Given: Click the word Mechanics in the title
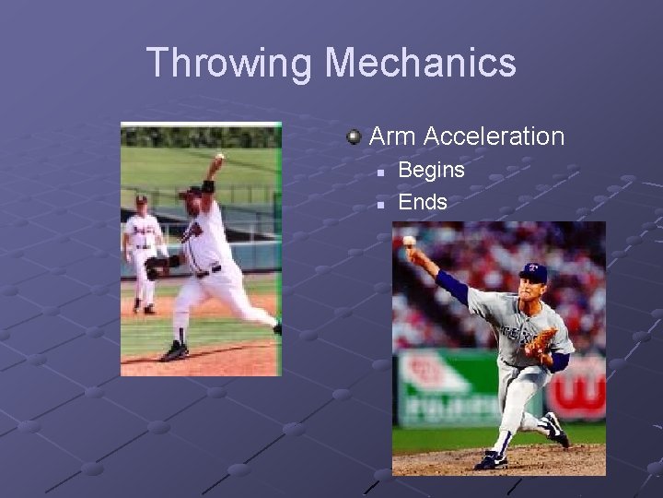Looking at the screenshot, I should click(421, 63).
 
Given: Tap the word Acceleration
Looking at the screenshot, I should click(494, 136).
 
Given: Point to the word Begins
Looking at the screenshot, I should click(431, 171).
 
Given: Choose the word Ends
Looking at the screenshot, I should click(422, 202).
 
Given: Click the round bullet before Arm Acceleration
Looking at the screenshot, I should click(354, 137).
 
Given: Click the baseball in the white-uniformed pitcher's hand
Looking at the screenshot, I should click(219, 157).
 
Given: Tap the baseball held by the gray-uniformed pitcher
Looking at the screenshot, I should click(408, 241).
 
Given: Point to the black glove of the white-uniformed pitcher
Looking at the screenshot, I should click(157, 267).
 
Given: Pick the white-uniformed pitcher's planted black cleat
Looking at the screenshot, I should click(174, 351).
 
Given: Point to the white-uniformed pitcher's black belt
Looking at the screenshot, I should click(208, 271).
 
